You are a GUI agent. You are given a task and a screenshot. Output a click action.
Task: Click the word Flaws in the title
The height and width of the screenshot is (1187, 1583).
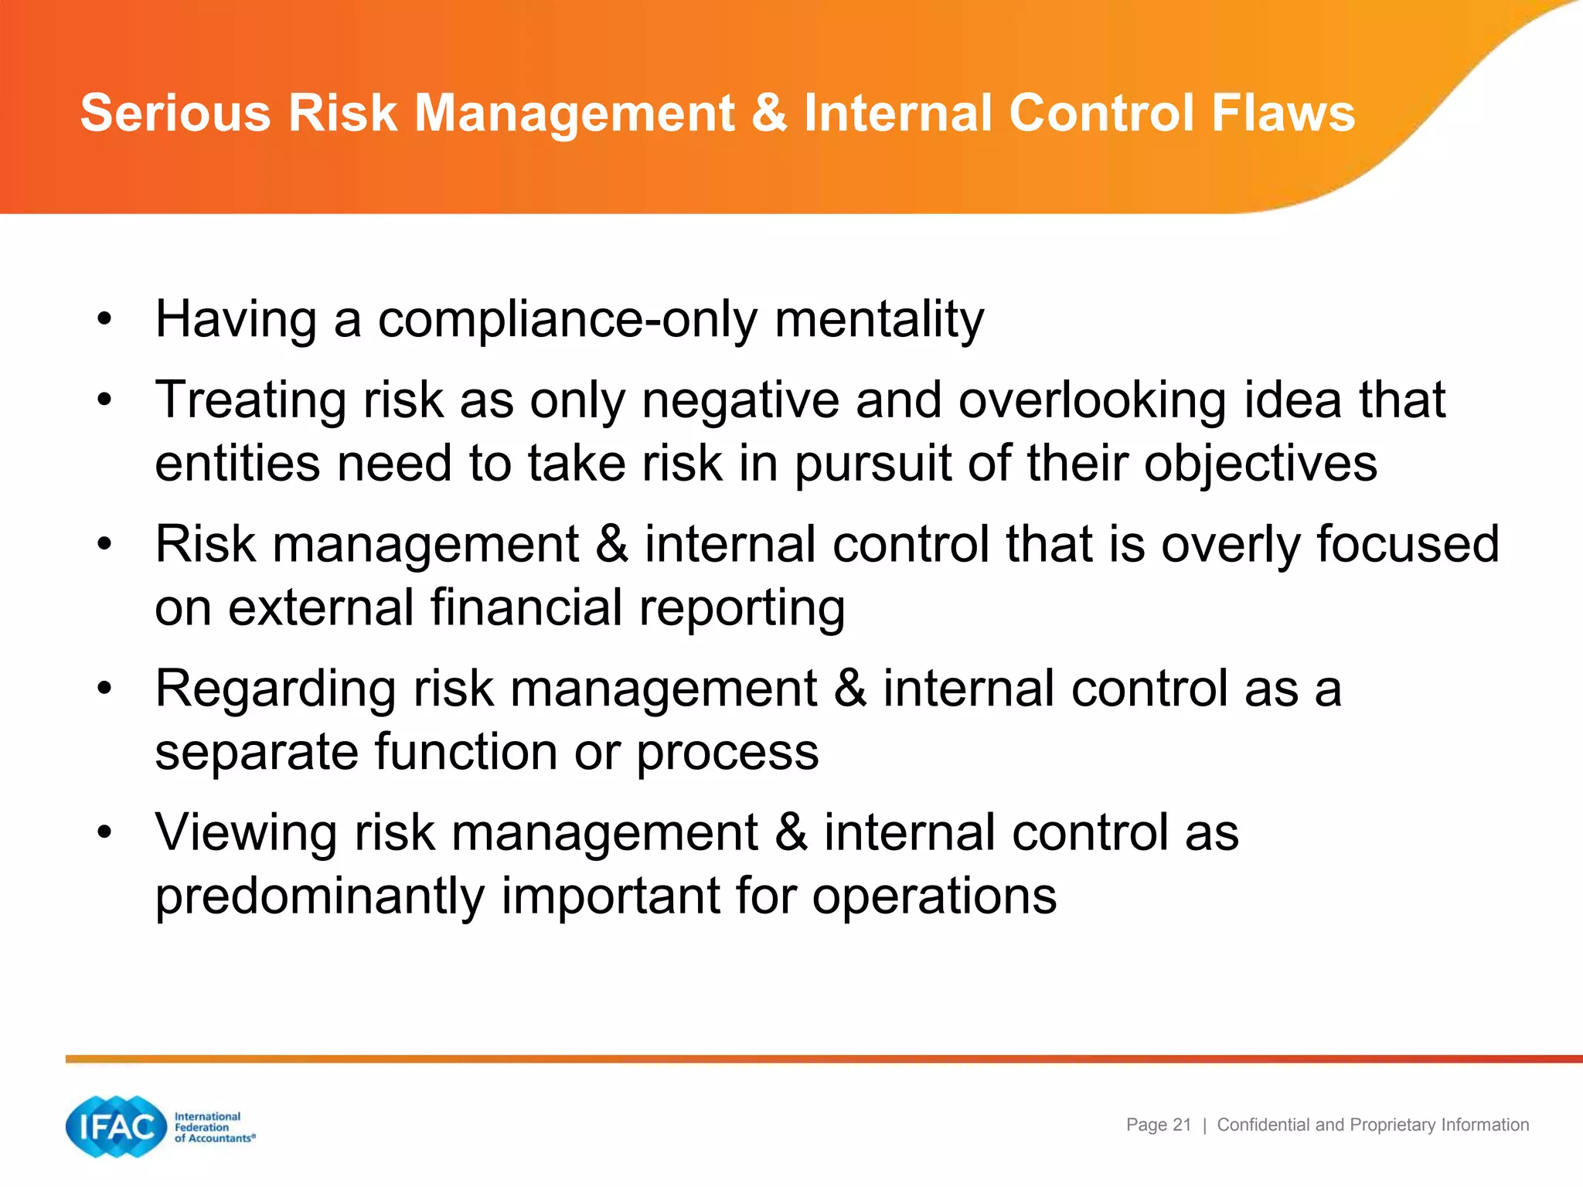point(1283,113)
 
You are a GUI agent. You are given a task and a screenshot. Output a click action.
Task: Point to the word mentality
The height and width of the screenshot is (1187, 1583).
point(880,319)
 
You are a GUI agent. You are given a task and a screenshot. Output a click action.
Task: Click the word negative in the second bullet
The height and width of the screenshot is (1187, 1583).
point(740,400)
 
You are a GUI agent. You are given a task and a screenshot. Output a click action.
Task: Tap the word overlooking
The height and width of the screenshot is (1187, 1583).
point(1091,400)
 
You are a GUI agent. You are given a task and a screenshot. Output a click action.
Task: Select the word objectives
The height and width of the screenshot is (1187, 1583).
point(1260,464)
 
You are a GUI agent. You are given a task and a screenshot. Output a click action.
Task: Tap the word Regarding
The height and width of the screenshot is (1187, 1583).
point(275,689)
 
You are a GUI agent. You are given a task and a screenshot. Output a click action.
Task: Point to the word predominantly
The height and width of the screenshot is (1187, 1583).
point(319,896)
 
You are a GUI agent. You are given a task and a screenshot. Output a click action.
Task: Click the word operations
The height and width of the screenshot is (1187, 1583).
point(934,896)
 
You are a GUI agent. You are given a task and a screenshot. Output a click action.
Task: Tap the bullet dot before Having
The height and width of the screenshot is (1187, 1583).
point(105,319)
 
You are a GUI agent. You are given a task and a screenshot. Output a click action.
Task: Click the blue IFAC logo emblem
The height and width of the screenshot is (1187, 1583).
point(117,1127)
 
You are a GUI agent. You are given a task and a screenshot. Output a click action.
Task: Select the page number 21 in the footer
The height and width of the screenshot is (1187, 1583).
point(1182,1125)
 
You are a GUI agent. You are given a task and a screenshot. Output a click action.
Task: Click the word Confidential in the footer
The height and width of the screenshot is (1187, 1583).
point(1264,1125)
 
